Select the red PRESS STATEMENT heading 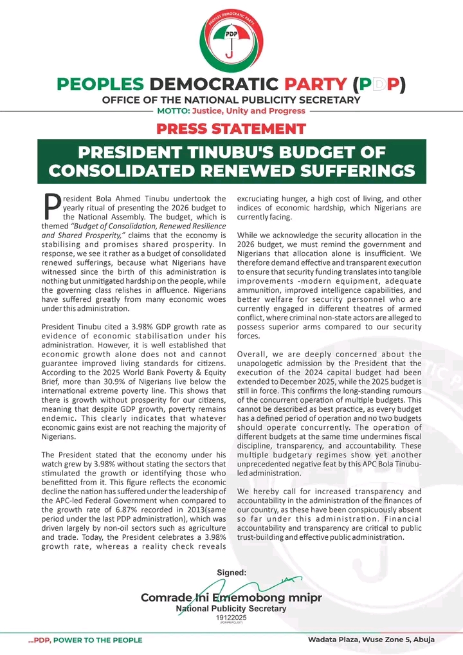pyautogui.click(x=232, y=128)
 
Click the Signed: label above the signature pyautogui.click(x=232, y=572)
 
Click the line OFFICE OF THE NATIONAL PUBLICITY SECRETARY pyautogui.click(x=231, y=99)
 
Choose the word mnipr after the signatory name pyautogui.click(x=304, y=598)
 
